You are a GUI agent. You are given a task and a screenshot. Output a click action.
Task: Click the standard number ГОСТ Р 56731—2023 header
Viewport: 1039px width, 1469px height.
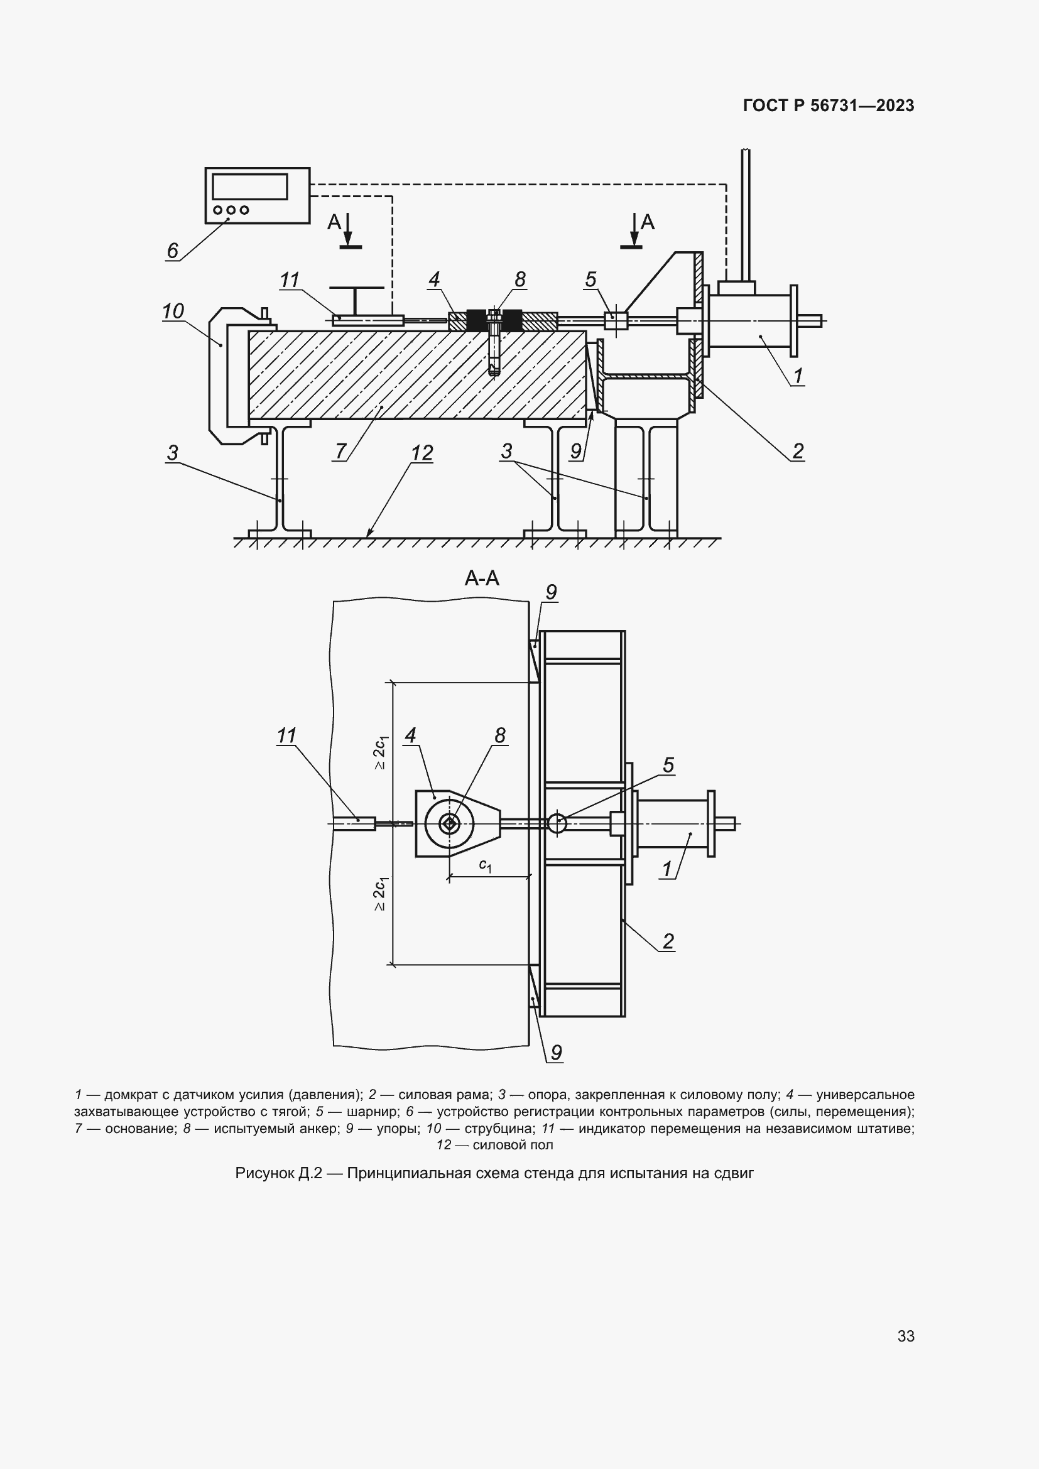(829, 106)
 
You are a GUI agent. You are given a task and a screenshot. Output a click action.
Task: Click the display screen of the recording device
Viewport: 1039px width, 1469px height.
(249, 186)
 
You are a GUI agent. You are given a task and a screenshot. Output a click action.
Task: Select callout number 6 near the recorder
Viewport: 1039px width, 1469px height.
(172, 250)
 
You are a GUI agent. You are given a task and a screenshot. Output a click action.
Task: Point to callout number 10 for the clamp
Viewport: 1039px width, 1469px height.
(173, 311)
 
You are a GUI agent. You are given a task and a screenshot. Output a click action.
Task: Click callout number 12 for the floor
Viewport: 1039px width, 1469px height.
(422, 453)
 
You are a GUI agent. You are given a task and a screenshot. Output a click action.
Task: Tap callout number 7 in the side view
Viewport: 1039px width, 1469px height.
(340, 451)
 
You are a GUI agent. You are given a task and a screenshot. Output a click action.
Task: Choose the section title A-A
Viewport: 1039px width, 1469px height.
(482, 578)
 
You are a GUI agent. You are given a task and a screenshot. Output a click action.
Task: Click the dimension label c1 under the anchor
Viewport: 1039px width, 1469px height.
(486, 865)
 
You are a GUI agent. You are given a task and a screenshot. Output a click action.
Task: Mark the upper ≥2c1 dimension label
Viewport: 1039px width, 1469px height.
(380, 752)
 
